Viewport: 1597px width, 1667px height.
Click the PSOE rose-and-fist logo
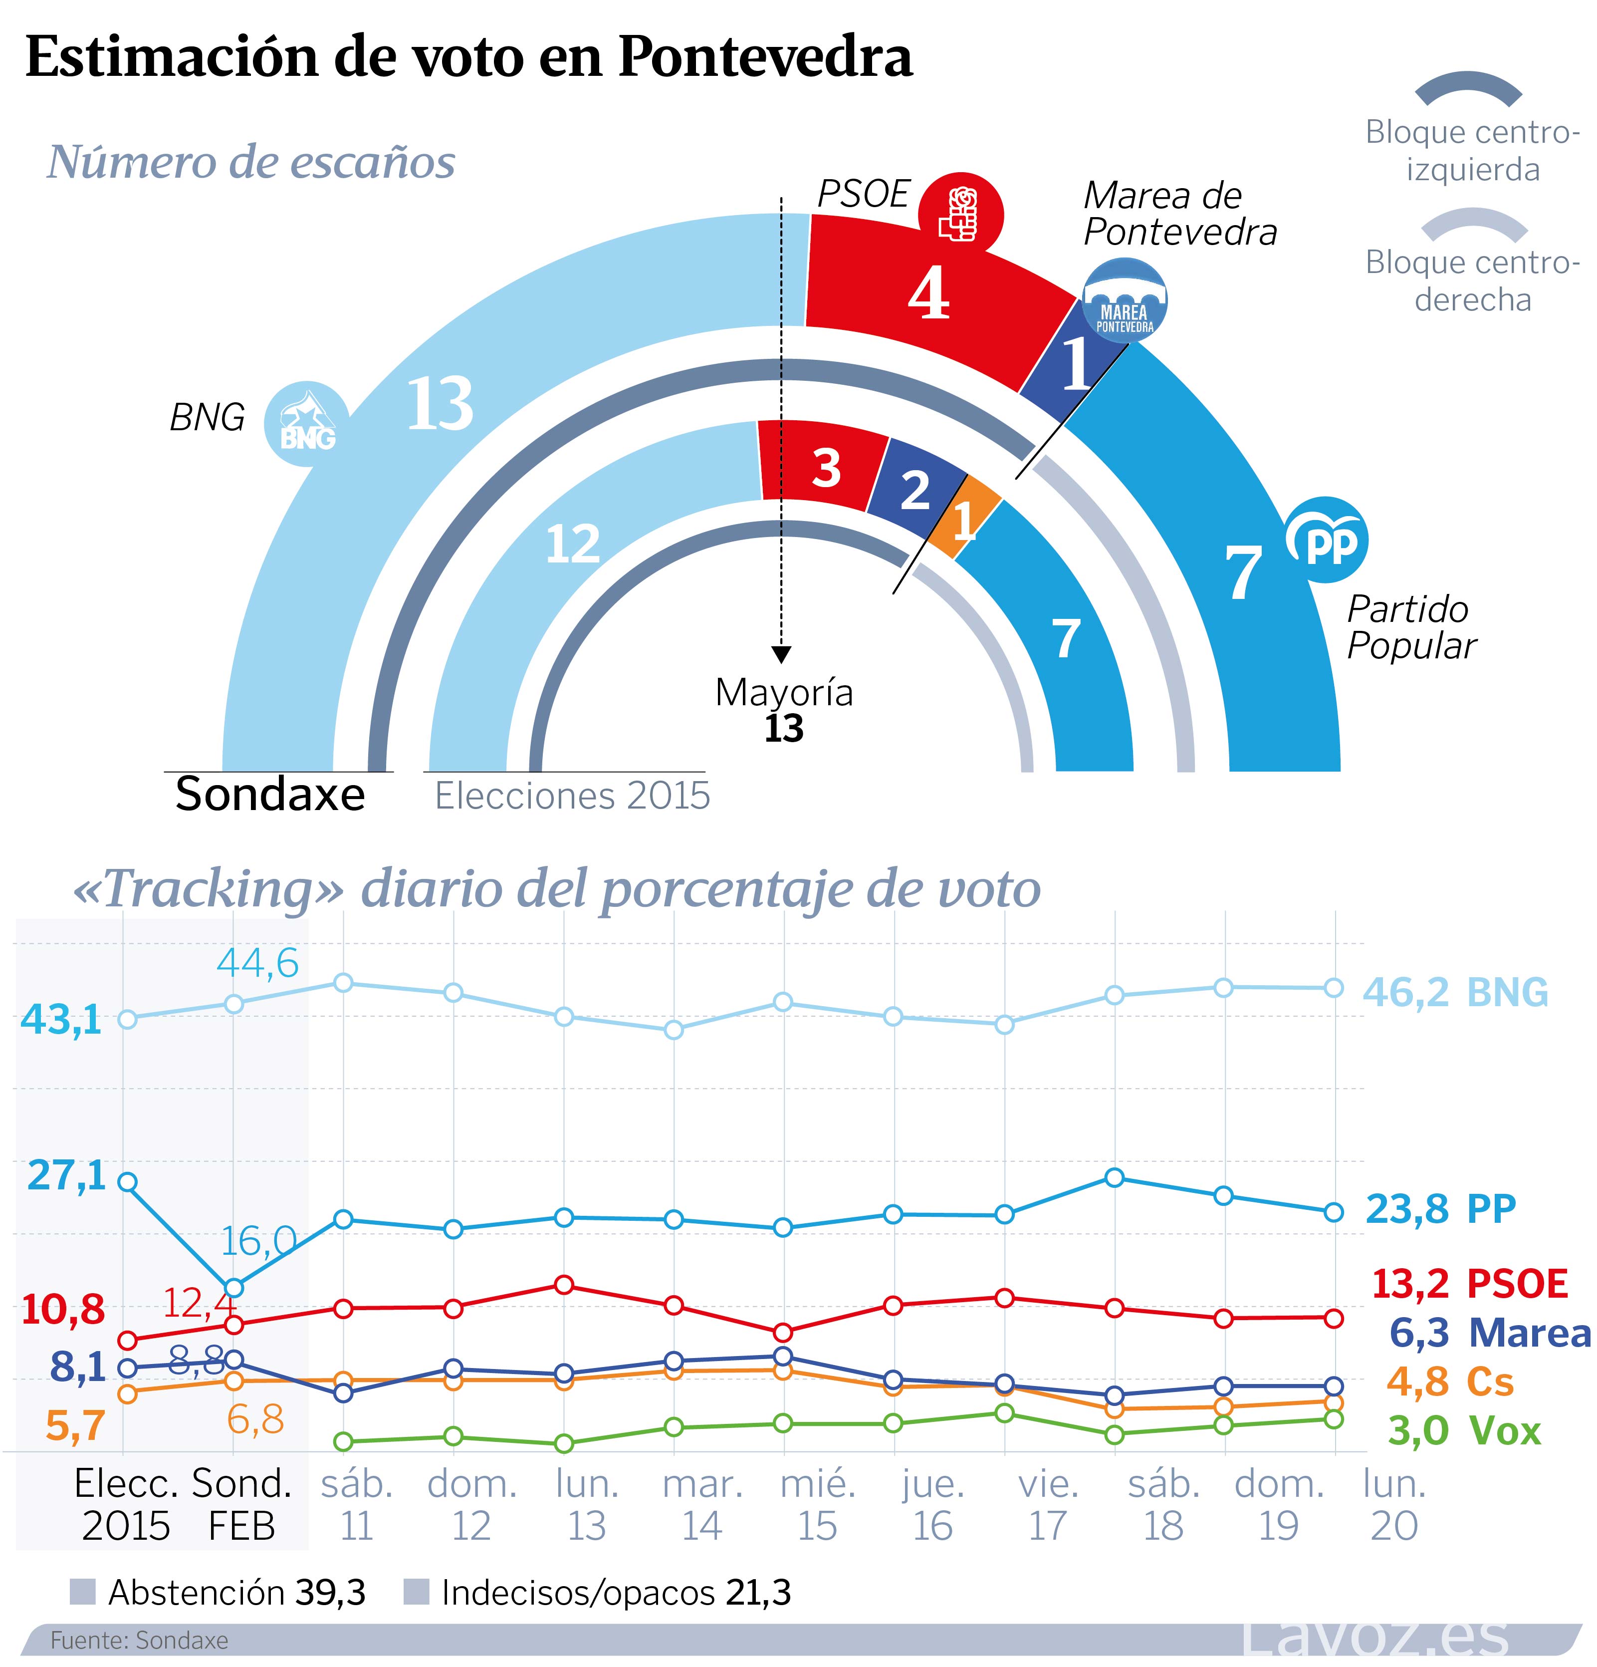tap(961, 214)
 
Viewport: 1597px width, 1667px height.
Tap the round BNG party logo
tap(306, 423)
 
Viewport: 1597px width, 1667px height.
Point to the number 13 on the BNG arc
tap(440, 403)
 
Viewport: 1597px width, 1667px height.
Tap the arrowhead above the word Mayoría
tap(781, 654)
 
